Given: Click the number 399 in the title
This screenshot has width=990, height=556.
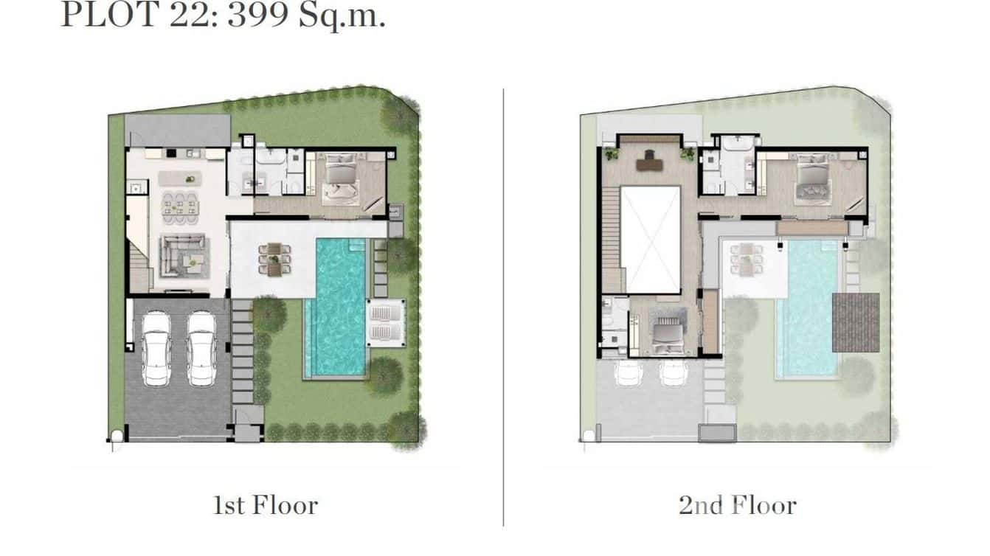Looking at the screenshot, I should (x=257, y=15).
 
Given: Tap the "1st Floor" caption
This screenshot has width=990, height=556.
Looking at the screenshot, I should (x=266, y=505).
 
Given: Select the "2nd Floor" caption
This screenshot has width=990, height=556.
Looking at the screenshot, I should (x=738, y=505).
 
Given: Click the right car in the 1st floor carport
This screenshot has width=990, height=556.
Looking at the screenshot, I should (x=201, y=348).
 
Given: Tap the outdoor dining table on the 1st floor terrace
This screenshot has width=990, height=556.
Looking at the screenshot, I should (x=274, y=259).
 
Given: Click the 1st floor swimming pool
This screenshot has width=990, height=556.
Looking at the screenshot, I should (x=336, y=306).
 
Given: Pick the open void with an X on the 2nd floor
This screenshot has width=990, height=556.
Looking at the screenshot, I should (x=650, y=239).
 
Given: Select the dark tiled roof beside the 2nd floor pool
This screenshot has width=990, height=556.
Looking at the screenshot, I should (x=856, y=322).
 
